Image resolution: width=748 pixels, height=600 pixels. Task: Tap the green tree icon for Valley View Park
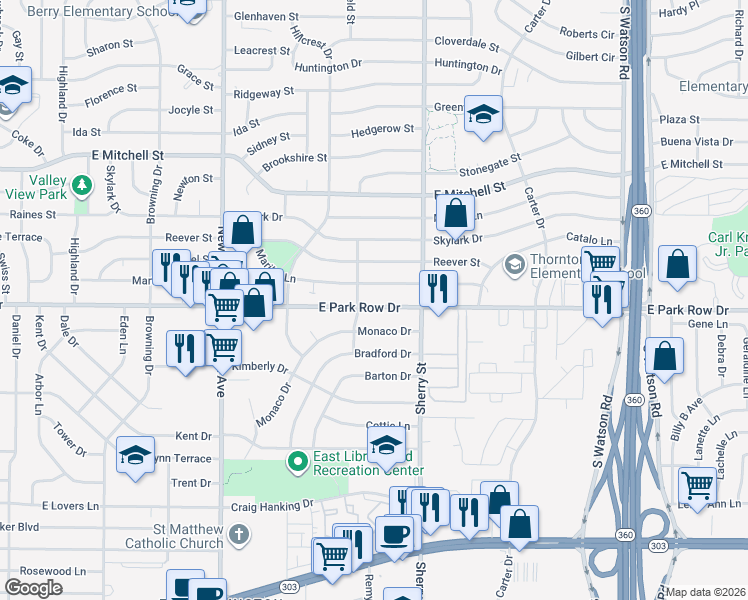click(84, 185)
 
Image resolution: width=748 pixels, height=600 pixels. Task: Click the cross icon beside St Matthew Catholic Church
click(237, 534)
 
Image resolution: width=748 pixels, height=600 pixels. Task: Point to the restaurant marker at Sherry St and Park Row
click(437, 290)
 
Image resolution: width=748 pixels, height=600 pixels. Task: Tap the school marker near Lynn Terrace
click(135, 455)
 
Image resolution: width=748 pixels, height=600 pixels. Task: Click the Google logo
click(34, 588)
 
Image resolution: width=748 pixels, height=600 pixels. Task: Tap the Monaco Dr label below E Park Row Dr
click(384, 331)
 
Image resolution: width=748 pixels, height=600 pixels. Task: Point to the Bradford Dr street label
click(382, 354)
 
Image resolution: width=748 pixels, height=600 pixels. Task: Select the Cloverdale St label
click(467, 44)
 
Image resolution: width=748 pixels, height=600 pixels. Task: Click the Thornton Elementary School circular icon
click(515, 264)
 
